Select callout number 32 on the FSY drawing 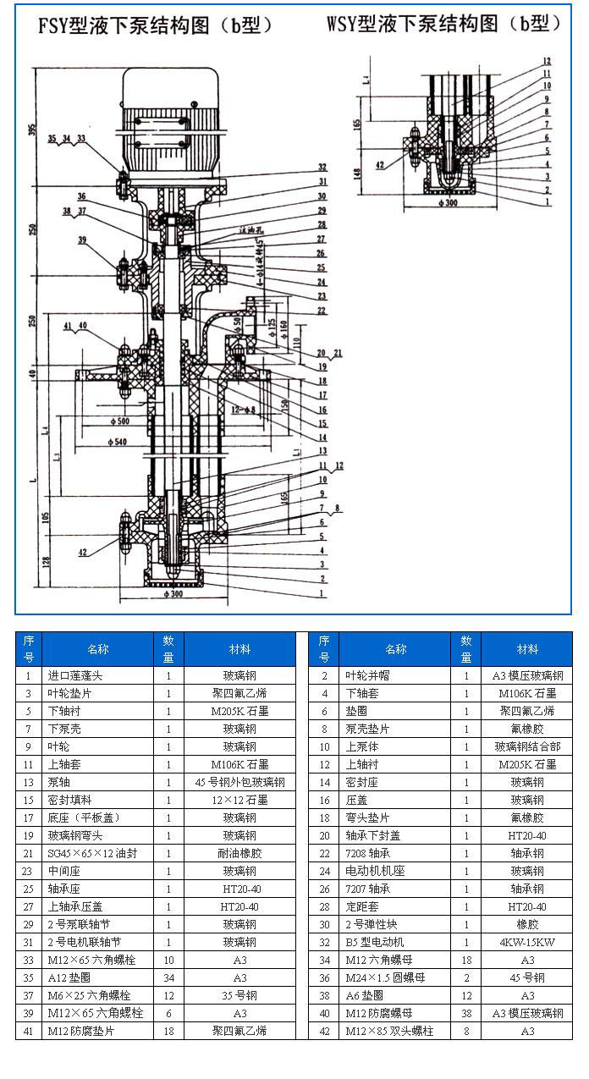322,167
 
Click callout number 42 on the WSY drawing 380,164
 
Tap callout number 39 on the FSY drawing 82,240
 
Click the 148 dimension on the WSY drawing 357,174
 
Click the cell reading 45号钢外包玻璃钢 239,782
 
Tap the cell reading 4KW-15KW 526,942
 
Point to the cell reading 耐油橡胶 239,853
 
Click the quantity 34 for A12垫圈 168,977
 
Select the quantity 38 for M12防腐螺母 466,1013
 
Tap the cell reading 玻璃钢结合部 526,746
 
